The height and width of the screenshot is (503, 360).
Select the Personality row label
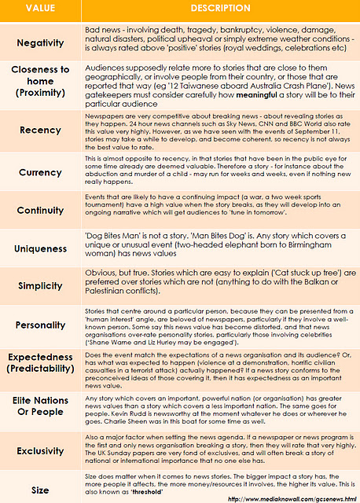(40, 325)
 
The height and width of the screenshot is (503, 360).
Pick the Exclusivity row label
(40, 451)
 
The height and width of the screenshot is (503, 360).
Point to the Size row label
(40, 489)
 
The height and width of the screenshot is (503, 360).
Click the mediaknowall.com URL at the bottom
(291, 498)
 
